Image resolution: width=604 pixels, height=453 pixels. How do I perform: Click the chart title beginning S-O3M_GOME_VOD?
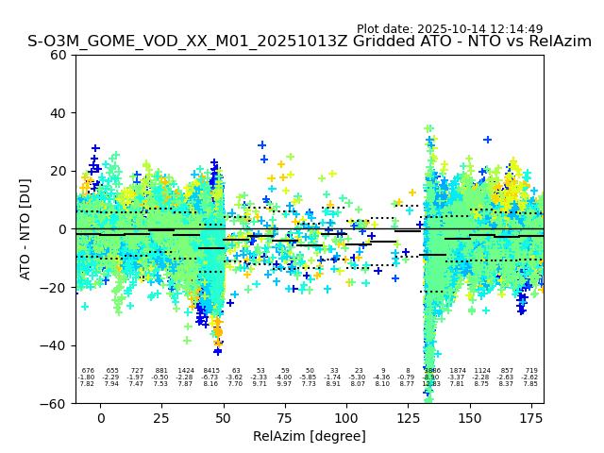[310, 42]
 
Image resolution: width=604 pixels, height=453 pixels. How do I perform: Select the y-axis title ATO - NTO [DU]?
[25, 229]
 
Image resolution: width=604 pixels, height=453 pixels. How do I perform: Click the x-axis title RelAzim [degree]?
[310, 437]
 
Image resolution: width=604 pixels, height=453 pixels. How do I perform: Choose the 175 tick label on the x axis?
[531, 418]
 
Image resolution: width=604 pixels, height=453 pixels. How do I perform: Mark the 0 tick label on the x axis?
[101, 418]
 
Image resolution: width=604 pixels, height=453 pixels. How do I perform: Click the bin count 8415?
[210, 371]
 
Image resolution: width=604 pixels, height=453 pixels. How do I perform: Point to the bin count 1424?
[185, 371]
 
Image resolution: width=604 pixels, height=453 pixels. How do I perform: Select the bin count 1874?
[458, 371]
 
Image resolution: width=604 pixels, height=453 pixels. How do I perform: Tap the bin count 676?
[88, 371]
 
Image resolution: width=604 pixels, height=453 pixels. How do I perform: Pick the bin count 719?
[530, 371]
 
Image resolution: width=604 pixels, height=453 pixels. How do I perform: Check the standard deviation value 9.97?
[284, 384]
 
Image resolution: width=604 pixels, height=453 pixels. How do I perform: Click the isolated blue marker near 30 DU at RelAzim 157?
[487, 140]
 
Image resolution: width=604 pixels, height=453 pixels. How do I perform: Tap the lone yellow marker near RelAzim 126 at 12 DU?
[411, 193]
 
